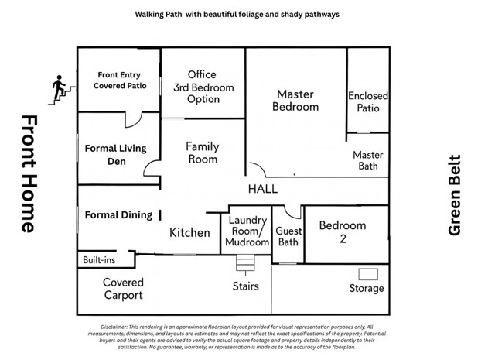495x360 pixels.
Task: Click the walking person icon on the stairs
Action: coord(59,87)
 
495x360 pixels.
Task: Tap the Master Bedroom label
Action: coord(295,101)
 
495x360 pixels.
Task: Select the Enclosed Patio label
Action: coord(368,101)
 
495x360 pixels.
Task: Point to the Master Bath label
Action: coord(368,160)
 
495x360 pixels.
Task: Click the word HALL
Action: coord(263,189)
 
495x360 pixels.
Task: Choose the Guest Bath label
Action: coord(288,236)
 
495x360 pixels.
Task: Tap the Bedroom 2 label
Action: coord(343,232)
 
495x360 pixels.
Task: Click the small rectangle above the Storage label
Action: coord(368,274)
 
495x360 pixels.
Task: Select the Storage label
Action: coord(367,288)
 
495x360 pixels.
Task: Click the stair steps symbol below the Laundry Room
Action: coord(245,262)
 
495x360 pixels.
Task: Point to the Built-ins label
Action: coord(99,260)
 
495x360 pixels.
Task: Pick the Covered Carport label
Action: coord(124,289)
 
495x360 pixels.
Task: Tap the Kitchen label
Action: coord(189,232)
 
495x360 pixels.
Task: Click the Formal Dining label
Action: coord(118,215)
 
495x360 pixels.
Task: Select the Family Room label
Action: coord(203,153)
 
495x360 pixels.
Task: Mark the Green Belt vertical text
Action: coord(455,195)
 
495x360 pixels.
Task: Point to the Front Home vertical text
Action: coord(29,174)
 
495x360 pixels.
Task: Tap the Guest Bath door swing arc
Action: coord(292,214)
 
